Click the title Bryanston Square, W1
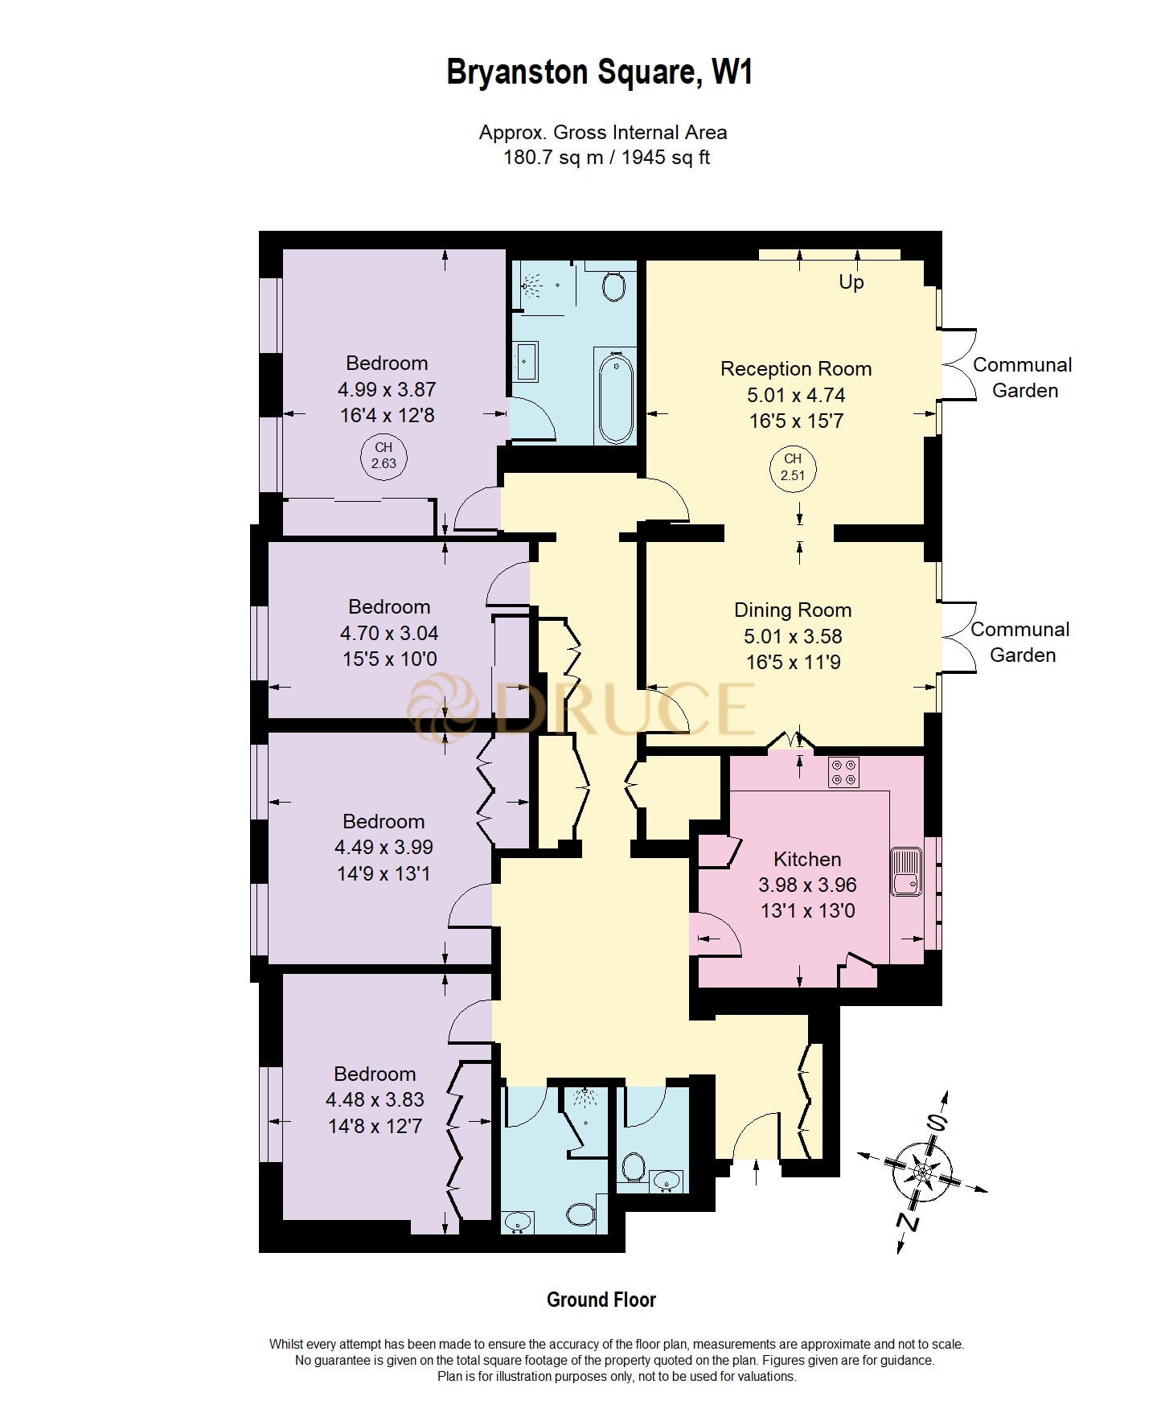(x=599, y=72)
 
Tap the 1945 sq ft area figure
(x=666, y=158)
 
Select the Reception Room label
(x=795, y=369)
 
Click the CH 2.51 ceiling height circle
(x=793, y=467)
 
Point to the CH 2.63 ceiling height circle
(x=384, y=456)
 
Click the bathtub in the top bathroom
(x=615, y=397)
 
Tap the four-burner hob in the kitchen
(x=843, y=772)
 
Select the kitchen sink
(x=906, y=871)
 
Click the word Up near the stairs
(x=851, y=282)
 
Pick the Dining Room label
(x=792, y=610)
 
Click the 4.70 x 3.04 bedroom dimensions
(x=389, y=634)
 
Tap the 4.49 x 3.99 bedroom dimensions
(x=384, y=848)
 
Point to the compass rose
(x=922, y=1172)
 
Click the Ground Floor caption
(x=601, y=1300)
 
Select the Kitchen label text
(x=806, y=860)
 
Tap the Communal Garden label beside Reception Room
(x=1023, y=378)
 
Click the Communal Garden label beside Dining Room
(x=1020, y=643)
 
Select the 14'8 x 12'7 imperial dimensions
(x=375, y=1127)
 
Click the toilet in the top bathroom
(x=613, y=285)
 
